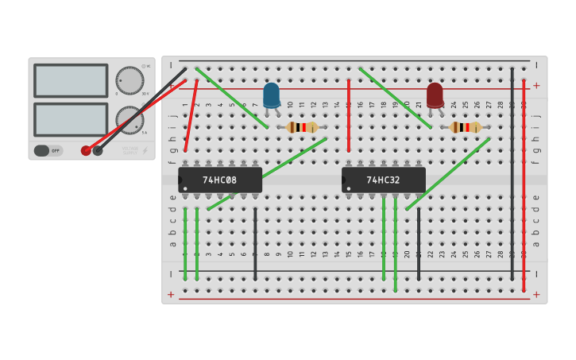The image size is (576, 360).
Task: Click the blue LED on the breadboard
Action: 271,95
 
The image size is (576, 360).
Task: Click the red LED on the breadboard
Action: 435,95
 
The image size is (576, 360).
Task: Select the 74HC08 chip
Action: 220,180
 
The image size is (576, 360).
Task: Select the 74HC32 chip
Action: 384,180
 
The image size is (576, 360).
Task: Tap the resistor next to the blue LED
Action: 302,127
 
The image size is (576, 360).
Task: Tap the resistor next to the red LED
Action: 466,127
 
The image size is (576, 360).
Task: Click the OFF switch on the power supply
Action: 48,150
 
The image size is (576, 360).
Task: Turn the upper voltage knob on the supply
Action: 130,80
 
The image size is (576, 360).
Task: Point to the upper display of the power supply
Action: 71,80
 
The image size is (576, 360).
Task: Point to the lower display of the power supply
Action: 71,119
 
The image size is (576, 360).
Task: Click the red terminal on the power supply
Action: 86,150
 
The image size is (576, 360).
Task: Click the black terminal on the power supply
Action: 98,150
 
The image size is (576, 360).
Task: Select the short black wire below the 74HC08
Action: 255,242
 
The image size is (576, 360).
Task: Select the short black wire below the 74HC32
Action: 419,242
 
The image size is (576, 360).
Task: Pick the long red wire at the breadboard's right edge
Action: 524,183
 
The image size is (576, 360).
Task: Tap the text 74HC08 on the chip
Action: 219,180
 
